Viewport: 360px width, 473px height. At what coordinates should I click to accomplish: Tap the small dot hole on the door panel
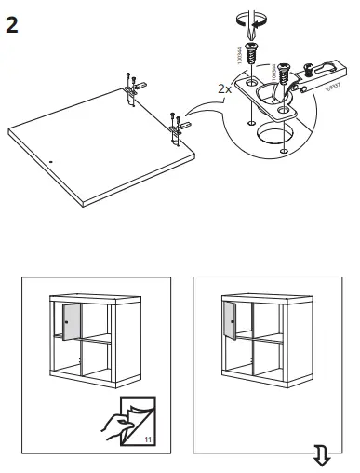coord(52,160)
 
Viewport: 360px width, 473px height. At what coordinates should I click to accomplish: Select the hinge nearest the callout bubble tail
coord(178,122)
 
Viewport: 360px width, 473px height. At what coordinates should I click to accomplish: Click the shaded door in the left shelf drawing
coord(70,321)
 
